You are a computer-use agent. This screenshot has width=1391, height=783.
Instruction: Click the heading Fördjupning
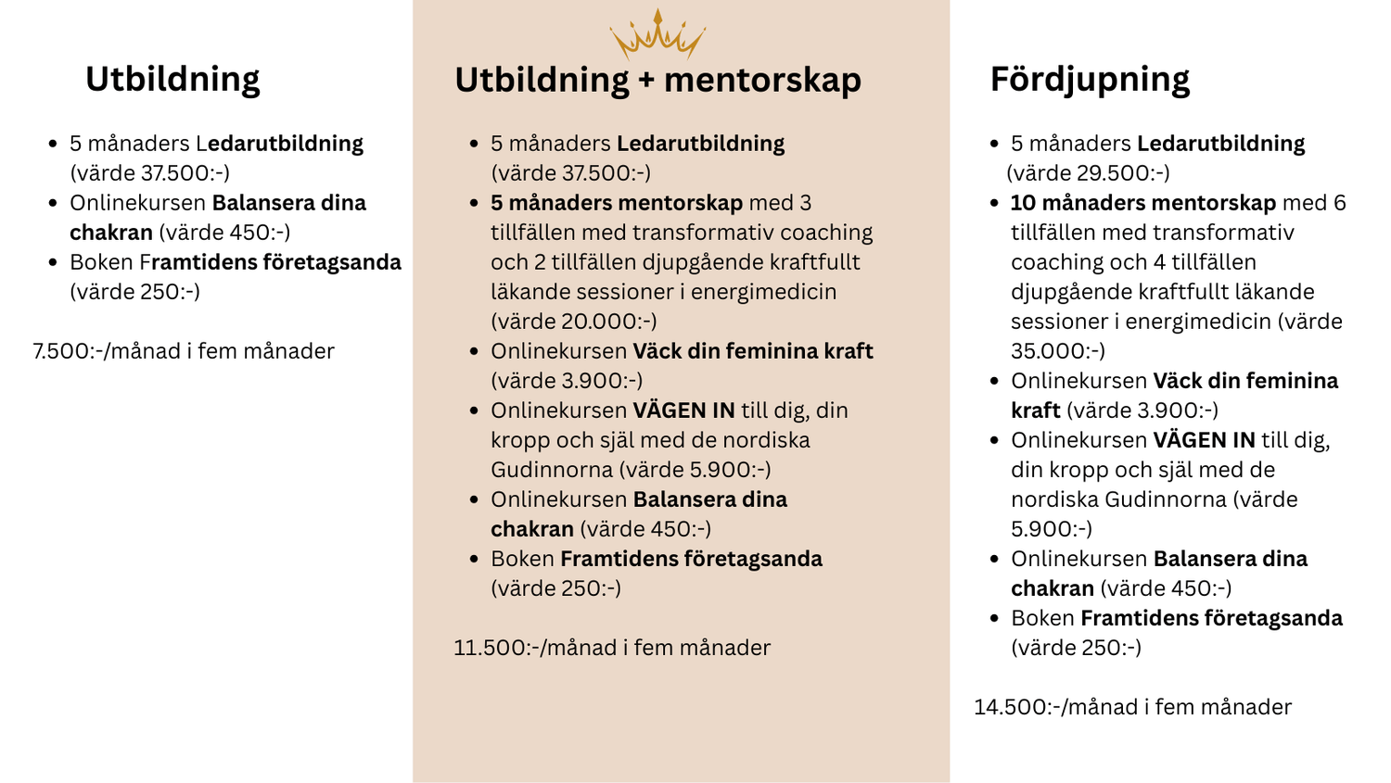[1090, 80]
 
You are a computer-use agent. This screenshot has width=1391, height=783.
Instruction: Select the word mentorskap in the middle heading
[762, 80]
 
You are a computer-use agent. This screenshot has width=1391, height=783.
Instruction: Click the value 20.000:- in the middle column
[607, 322]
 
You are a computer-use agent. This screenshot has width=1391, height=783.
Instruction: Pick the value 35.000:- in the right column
[1056, 351]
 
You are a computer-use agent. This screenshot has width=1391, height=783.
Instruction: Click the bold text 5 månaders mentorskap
[617, 203]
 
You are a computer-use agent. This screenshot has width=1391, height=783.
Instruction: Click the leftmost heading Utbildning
[172, 80]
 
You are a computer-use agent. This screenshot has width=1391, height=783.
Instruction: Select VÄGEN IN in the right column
[1204, 440]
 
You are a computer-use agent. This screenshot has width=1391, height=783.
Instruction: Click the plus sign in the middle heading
[646, 82]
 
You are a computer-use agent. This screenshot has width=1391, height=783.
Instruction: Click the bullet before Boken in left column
[53, 262]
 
